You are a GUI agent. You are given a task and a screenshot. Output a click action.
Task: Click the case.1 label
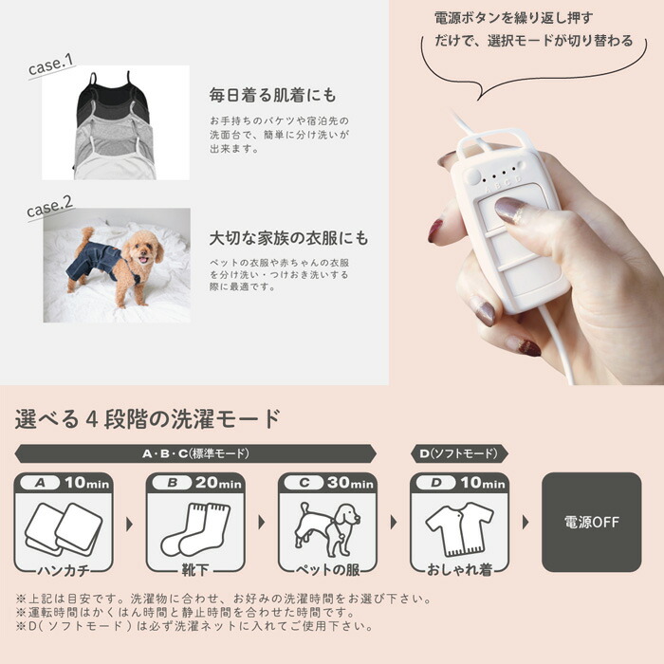point(51,65)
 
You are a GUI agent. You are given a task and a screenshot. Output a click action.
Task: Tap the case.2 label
point(50,207)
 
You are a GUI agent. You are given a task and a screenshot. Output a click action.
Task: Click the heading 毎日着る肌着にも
point(272,95)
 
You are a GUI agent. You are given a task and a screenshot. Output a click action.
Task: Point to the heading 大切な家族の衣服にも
point(288,238)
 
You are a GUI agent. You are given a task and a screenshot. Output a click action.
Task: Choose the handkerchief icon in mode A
point(64,528)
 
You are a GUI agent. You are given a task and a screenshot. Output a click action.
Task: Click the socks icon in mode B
point(195,529)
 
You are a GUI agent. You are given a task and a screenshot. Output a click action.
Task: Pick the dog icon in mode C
point(327,528)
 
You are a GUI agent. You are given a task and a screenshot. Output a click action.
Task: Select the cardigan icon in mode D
point(459,529)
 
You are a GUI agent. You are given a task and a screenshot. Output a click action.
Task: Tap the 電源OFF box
point(591,522)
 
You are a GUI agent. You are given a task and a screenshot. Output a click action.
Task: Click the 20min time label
point(218,483)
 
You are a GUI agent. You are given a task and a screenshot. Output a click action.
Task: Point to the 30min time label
point(350,483)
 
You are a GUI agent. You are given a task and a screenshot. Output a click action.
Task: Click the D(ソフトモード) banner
point(459,453)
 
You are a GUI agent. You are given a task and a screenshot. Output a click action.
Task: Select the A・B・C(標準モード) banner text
point(195,453)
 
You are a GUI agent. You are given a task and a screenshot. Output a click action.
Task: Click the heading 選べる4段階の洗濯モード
point(148,419)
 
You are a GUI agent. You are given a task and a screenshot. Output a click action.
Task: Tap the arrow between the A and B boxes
point(130,525)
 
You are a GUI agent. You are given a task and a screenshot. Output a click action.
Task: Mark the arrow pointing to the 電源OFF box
point(526,522)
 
